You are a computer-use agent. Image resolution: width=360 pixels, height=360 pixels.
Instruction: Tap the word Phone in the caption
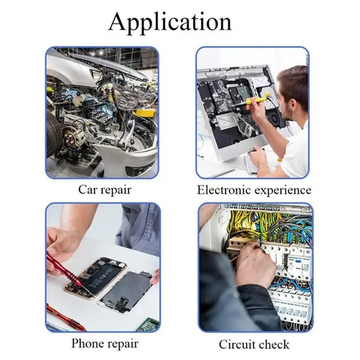(88, 344)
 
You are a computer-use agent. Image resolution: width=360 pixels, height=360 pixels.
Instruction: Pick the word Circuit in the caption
(236, 345)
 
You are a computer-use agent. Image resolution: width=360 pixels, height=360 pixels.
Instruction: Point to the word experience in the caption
(283, 190)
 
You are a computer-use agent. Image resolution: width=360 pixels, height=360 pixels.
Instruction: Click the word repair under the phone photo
(121, 344)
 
